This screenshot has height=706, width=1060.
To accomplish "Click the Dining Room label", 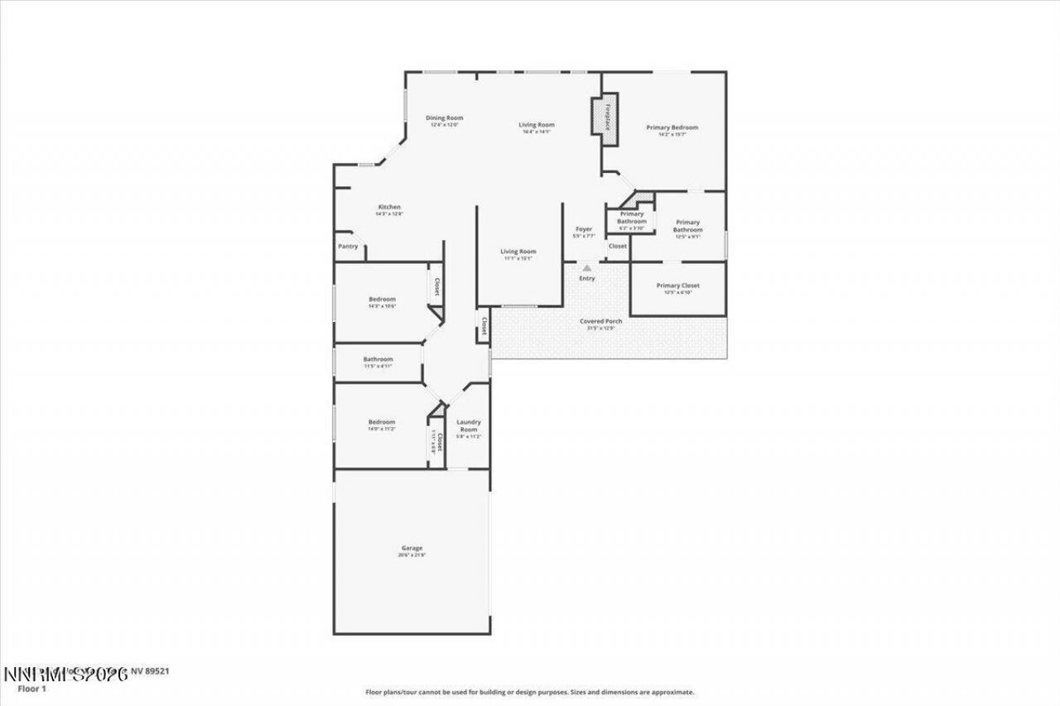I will coord(444,118).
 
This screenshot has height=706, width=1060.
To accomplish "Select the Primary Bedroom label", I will coord(672,127).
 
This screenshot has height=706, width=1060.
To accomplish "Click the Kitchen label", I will coord(389,207).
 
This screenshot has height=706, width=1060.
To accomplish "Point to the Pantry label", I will coord(347,247).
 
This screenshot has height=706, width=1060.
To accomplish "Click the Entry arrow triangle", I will coord(586,267).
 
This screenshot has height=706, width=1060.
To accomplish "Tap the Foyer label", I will coord(584,229).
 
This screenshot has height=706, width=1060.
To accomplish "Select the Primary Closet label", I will coord(677,286).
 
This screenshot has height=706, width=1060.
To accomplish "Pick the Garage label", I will coord(412,548).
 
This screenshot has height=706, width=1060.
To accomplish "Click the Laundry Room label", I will coord(469,425).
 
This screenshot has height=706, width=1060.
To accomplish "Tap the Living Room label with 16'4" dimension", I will coord(537,125).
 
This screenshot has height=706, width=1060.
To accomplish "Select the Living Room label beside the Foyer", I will coord(518,252).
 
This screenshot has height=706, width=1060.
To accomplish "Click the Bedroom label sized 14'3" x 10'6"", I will coord(382,300).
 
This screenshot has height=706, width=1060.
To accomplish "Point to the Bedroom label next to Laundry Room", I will coord(382,422).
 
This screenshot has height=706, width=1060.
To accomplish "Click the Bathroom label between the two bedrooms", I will coord(378,359).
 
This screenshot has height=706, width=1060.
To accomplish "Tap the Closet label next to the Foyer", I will coord(618,246).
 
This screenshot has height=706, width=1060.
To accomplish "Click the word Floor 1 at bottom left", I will coord(31,688).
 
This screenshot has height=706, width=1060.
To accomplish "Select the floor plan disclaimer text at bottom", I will coord(530,692).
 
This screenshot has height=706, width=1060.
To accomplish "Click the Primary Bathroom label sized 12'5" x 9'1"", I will coord(687,226).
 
